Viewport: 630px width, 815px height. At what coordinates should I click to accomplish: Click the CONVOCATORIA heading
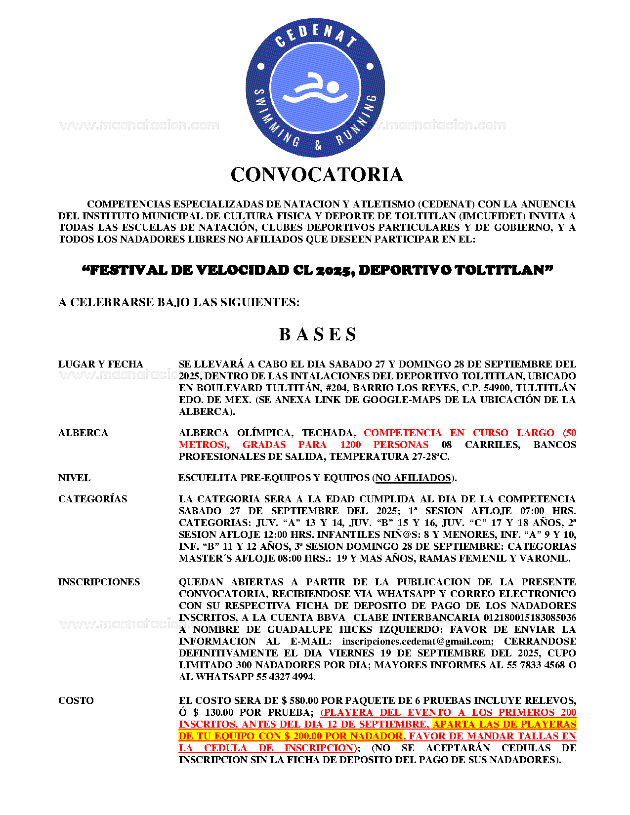(x=317, y=175)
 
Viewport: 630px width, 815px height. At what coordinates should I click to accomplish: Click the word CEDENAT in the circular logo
(x=315, y=35)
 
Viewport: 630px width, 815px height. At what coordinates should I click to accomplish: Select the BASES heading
(x=317, y=334)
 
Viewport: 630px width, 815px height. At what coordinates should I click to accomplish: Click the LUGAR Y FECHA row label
(x=101, y=365)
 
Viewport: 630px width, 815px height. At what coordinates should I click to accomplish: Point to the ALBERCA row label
(x=83, y=433)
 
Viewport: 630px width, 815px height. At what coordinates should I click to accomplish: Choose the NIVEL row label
(x=74, y=478)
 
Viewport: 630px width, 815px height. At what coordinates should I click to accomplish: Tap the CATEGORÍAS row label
(x=92, y=499)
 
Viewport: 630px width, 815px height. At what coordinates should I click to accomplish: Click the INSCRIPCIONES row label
(x=99, y=582)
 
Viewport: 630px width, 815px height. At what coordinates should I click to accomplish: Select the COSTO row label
(x=76, y=701)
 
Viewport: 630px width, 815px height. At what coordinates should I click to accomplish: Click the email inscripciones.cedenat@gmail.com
(x=417, y=642)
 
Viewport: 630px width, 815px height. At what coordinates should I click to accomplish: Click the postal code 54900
(x=497, y=388)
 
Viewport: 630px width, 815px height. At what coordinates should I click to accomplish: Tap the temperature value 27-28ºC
(x=430, y=457)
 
